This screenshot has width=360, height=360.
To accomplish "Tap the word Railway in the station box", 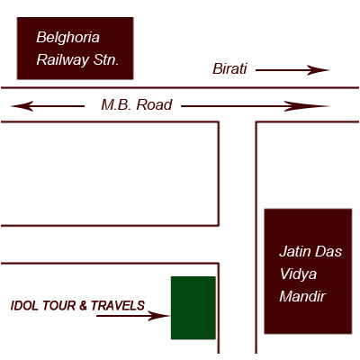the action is [63, 60].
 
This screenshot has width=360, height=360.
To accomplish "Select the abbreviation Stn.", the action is [106, 59].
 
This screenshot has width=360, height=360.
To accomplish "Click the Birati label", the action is [229, 69].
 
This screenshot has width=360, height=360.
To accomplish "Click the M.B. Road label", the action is [137, 105].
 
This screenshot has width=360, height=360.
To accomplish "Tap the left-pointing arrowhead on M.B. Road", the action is [22, 106].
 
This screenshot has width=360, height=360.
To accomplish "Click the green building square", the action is [193, 308].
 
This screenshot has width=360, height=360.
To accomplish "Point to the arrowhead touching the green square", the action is [159, 316].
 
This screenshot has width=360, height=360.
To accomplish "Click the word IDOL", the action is [24, 306].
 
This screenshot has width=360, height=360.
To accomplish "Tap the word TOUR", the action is [58, 306].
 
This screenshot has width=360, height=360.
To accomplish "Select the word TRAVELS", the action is [118, 306].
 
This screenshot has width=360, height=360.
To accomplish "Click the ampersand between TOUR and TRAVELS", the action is [83, 306].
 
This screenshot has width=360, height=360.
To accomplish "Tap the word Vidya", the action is [298, 274].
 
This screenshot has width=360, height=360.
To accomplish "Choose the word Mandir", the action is [302, 296].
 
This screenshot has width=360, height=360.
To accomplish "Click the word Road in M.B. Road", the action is [154, 105].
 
